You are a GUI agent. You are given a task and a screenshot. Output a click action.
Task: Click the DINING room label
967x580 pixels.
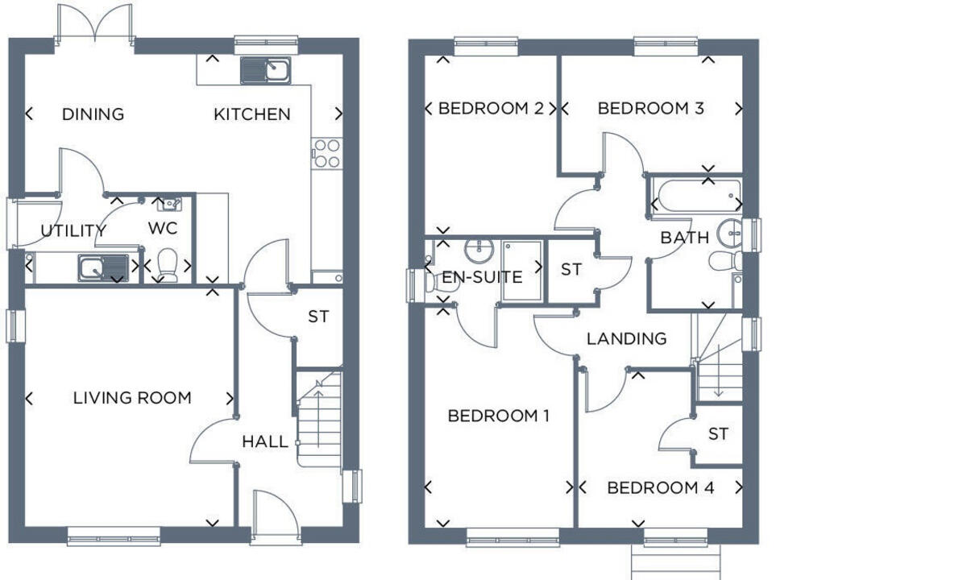point(93,114)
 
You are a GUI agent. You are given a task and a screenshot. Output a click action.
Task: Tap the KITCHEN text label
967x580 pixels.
point(251,114)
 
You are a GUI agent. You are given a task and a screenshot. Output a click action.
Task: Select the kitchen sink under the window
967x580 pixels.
point(268,70)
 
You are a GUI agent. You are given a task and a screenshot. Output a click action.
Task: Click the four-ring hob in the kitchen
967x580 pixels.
point(326,153)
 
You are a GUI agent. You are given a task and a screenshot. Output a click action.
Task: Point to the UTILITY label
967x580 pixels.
point(73,231)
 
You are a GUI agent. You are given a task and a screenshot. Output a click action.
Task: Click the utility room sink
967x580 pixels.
point(103,267)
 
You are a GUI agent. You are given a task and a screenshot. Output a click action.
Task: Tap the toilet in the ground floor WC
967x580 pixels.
point(168,262)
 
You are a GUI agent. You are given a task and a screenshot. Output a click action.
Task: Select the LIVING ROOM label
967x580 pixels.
point(132,398)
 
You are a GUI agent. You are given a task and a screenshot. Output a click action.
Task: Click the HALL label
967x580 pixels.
point(264,441)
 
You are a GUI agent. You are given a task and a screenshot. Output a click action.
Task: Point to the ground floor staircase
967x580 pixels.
point(319,419)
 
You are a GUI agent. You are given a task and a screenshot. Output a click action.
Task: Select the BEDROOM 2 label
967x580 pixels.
point(490,108)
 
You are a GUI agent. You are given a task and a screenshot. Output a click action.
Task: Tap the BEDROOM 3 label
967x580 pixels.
point(650,108)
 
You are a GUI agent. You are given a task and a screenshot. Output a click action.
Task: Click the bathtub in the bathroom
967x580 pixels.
point(696,196)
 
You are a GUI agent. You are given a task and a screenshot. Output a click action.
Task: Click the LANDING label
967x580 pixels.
point(626,339)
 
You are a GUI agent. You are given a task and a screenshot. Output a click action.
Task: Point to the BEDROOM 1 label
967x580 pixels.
point(498,416)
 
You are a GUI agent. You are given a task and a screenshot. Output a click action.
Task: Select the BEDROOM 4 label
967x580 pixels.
point(660,488)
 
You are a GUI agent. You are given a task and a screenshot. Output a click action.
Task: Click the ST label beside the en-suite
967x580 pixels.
point(571,270)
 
